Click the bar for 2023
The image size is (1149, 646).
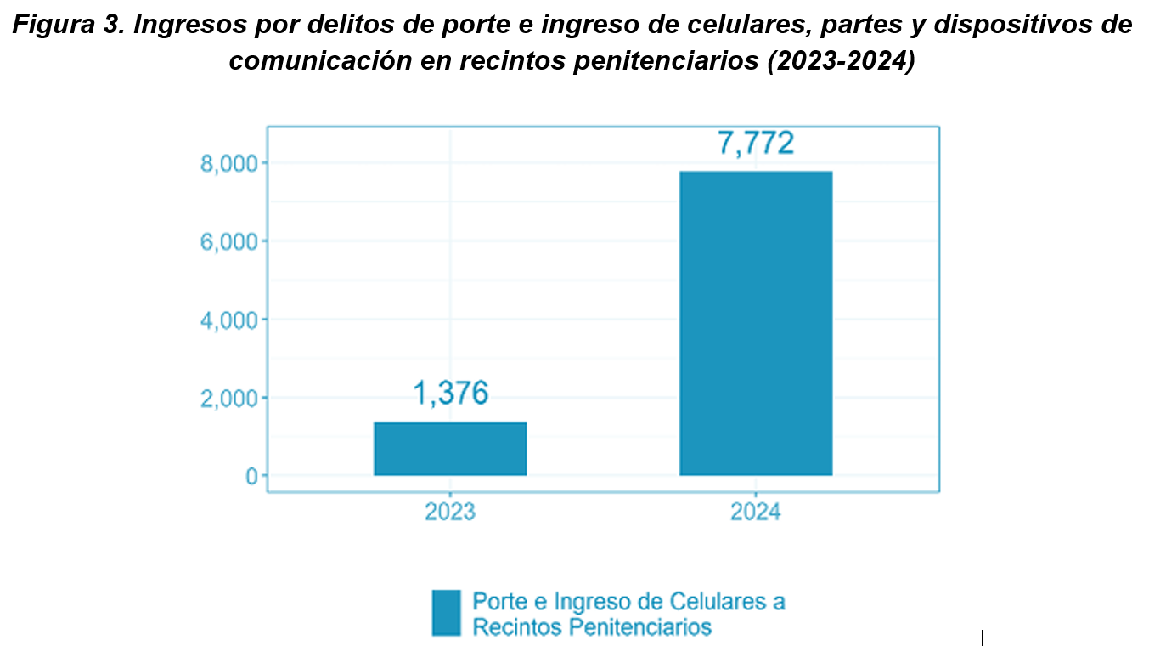pyautogui.click(x=450, y=449)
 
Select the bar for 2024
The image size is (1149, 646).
pyautogui.click(x=756, y=323)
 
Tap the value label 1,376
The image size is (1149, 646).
pyautogui.click(x=451, y=394)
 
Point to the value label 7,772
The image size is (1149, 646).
pyautogui.click(x=756, y=143)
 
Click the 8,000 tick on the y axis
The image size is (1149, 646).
pyautogui.click(x=228, y=163)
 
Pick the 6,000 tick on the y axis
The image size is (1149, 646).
pyautogui.click(x=228, y=241)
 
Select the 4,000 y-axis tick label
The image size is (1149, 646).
pyautogui.click(x=228, y=320)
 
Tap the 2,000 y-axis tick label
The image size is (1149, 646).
pyautogui.click(x=228, y=398)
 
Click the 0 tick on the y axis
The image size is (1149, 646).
pyautogui.click(x=251, y=476)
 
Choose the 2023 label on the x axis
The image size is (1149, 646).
pyautogui.click(x=450, y=513)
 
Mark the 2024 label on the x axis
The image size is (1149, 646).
pyautogui.click(x=756, y=513)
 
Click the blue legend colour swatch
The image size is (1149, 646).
pyautogui.click(x=446, y=613)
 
